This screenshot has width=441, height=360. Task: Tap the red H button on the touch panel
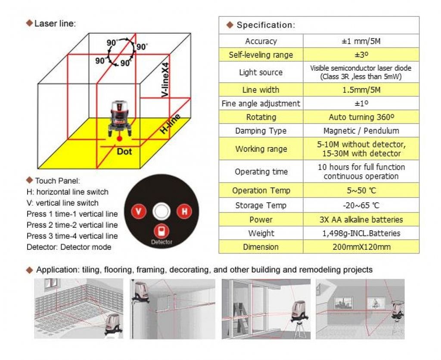pyautogui.click(x=184, y=211)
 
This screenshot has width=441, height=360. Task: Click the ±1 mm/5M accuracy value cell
pyautogui.click(x=361, y=41)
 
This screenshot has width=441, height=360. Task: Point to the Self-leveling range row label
pyautogui.click(x=261, y=55)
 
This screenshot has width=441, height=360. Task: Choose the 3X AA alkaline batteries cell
pyautogui.click(x=361, y=219)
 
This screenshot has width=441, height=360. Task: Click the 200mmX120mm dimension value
pyautogui.click(x=361, y=247)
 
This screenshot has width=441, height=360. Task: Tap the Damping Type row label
pyautogui.click(x=261, y=131)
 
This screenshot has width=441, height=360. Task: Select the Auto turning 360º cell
pyautogui.click(x=361, y=117)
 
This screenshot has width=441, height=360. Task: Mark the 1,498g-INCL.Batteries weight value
pyautogui.click(x=361, y=233)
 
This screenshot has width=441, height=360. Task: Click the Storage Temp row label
pyautogui.click(x=261, y=205)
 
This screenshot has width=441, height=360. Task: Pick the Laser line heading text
pyautogui.click(x=54, y=23)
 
